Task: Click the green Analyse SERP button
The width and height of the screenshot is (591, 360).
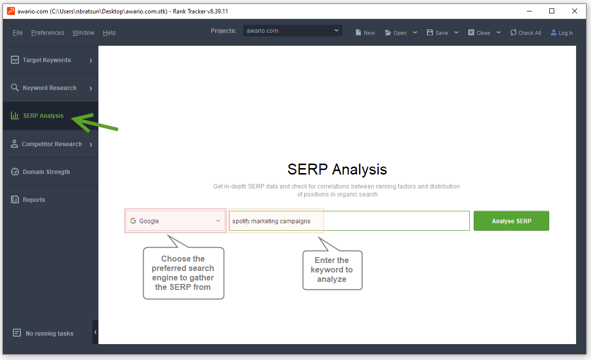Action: click(x=511, y=221)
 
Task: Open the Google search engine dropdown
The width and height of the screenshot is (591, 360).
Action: click(x=175, y=221)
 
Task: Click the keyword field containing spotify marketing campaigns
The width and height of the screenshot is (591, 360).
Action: click(x=349, y=221)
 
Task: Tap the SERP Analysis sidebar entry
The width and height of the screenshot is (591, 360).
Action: click(x=43, y=116)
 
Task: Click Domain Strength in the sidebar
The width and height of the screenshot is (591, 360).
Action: click(x=46, y=172)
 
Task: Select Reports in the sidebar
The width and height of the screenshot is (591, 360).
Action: click(x=34, y=200)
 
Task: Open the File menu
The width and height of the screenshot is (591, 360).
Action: click(x=18, y=33)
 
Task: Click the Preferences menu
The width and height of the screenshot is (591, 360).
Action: click(x=48, y=33)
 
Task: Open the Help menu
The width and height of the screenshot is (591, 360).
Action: click(x=109, y=33)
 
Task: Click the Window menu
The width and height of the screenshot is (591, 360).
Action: click(x=84, y=33)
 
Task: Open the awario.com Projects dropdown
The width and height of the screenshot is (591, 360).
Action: click(x=292, y=31)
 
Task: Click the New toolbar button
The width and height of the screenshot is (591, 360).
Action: click(x=365, y=33)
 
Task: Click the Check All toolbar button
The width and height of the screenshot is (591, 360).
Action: click(x=525, y=33)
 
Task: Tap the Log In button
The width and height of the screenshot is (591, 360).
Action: click(x=562, y=33)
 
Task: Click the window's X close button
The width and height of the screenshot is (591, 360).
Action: click(x=575, y=11)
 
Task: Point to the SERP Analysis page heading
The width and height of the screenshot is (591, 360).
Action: click(x=337, y=169)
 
